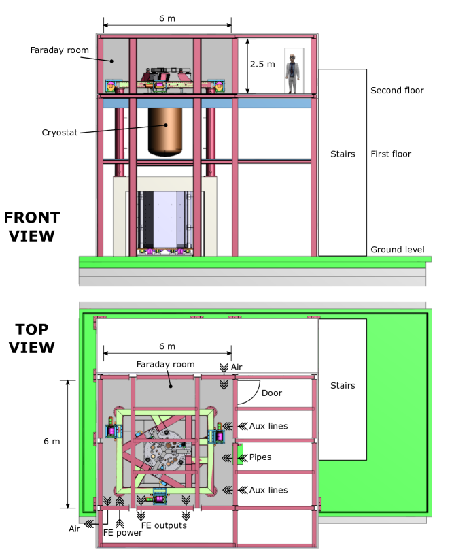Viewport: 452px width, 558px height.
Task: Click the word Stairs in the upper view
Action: pos(343,154)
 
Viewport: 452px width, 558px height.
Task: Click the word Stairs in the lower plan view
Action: pos(343,385)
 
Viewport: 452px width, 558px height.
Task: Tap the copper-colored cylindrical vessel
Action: pos(165,129)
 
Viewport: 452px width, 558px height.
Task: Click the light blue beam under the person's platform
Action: pos(273,103)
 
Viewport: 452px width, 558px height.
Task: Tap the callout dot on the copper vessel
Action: pos(165,125)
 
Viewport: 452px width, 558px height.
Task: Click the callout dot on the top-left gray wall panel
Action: pos(112,61)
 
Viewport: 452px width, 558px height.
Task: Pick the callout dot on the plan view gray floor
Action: pos(171,386)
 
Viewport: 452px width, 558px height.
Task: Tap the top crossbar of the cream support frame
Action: pos(164,184)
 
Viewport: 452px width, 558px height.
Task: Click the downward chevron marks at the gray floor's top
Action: pos(224,385)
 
